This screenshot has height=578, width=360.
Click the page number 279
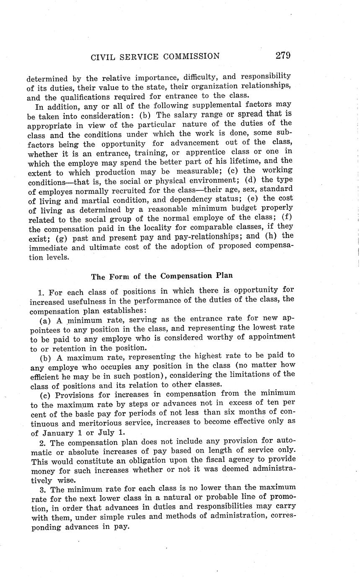point(283,55)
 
